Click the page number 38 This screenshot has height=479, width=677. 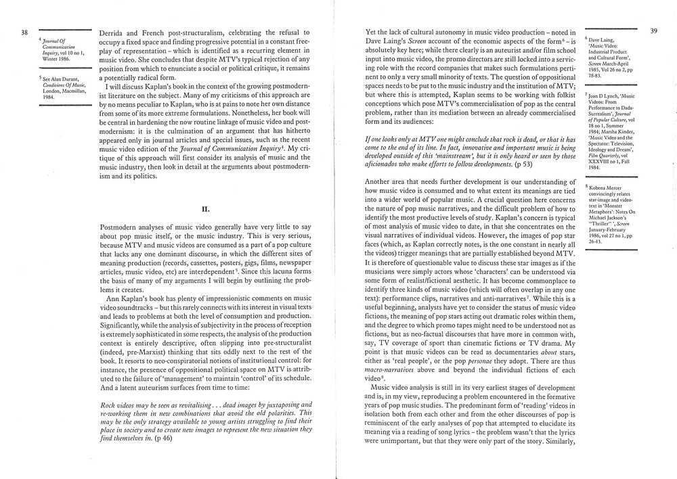pos(24,32)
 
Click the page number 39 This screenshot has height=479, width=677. pos(653,30)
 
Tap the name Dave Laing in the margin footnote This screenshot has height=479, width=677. pos(603,41)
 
